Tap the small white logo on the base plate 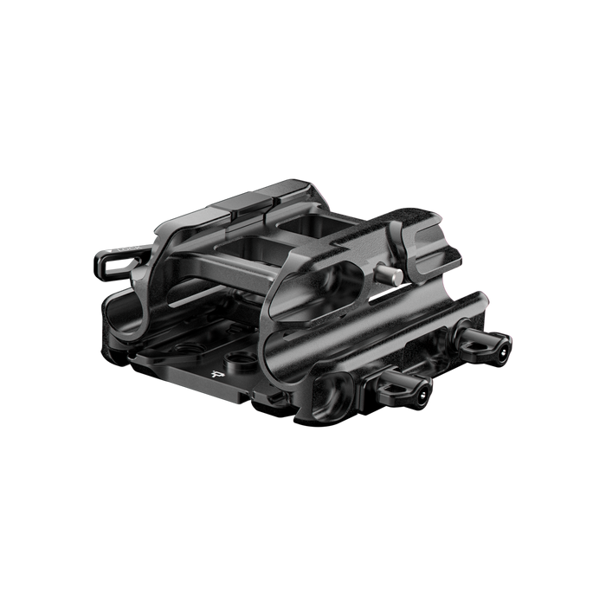216,375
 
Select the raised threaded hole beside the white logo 235,358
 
